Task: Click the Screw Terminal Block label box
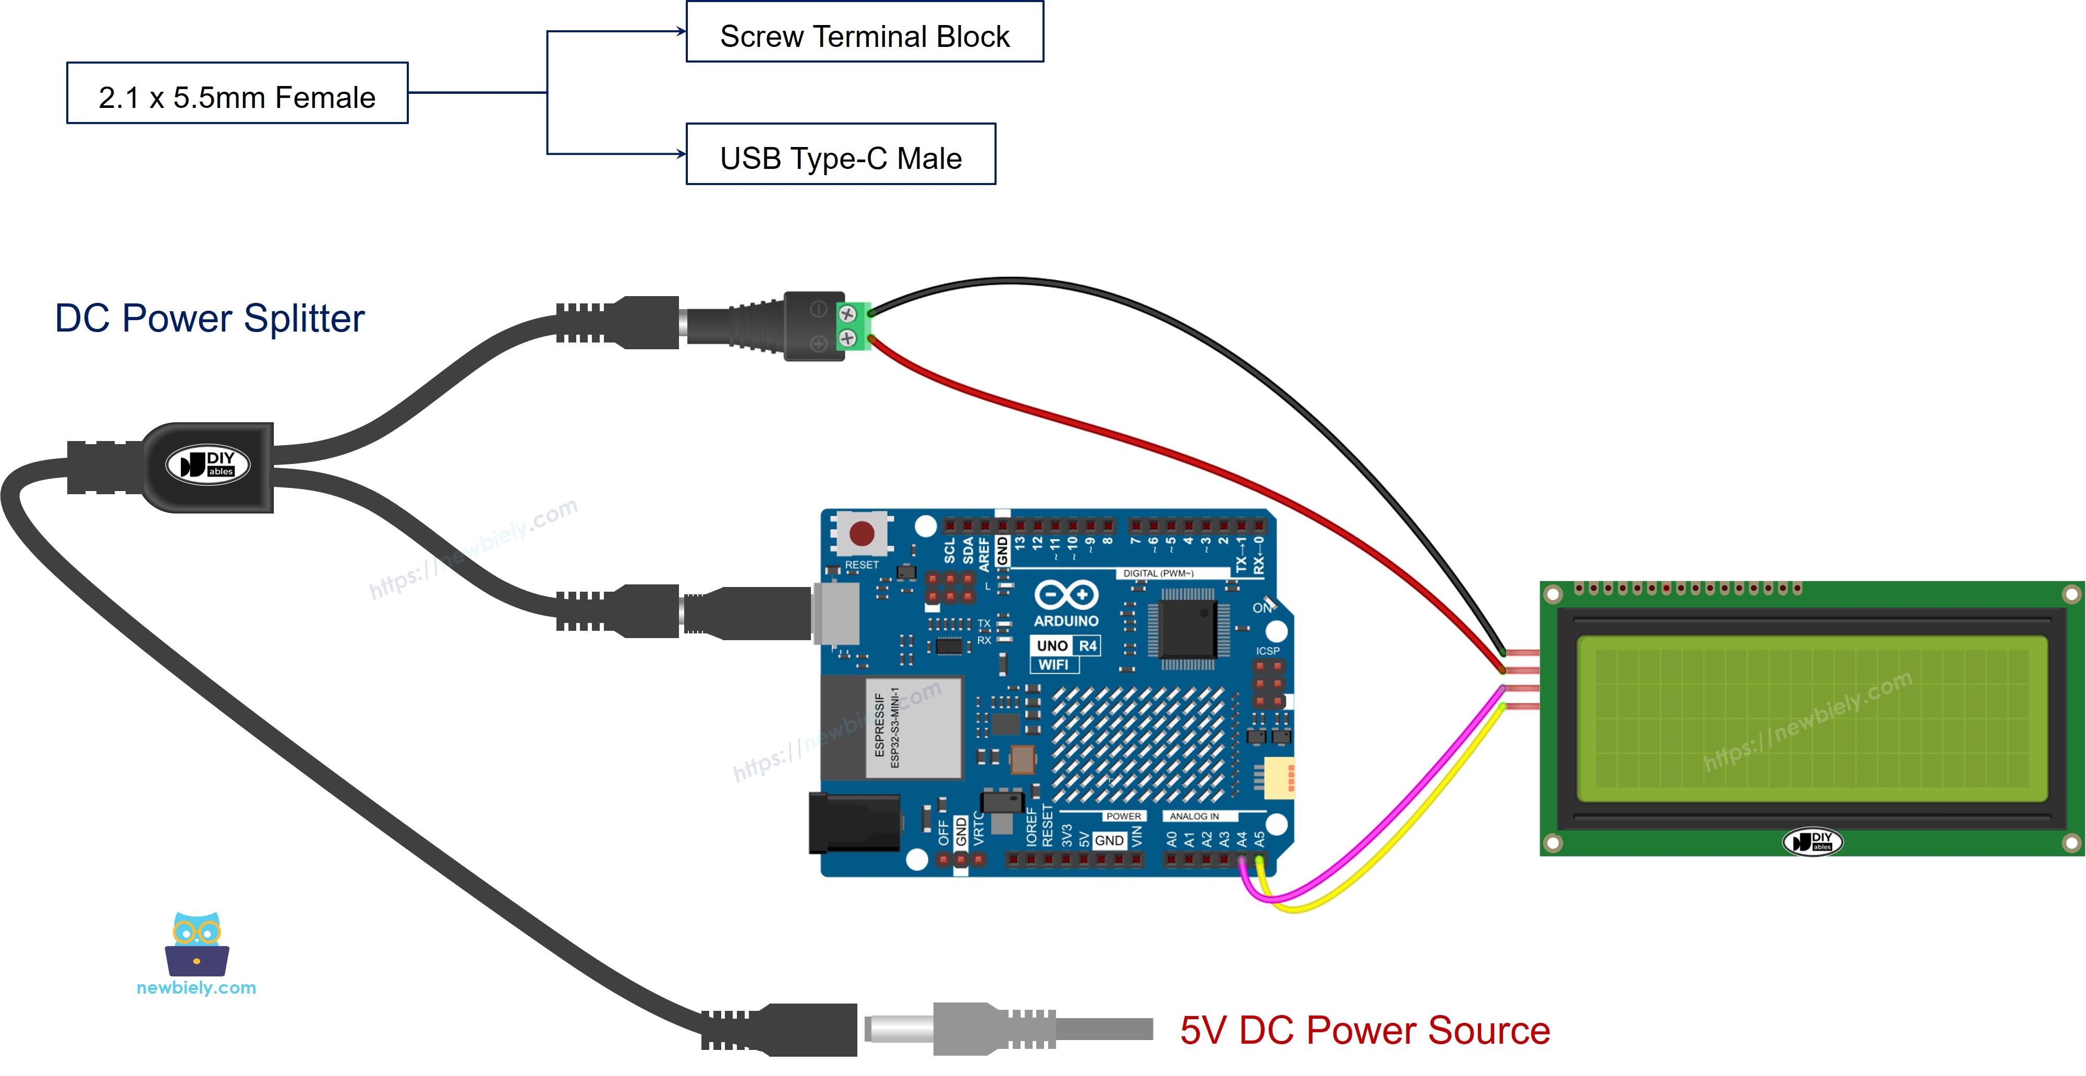coord(864,32)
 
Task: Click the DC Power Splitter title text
coord(209,318)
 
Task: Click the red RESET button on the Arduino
coord(861,533)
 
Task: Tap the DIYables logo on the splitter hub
coord(208,464)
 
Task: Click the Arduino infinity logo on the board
coord(1065,595)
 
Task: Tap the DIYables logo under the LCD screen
coord(1812,842)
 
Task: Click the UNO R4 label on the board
coord(1065,645)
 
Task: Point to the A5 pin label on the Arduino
coord(1259,839)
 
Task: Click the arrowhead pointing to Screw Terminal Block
coord(682,32)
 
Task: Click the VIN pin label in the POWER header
coord(1137,836)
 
